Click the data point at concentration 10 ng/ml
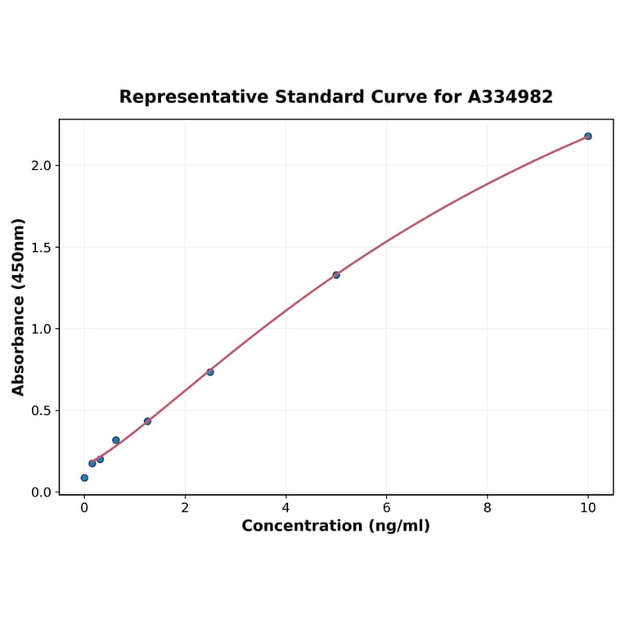(x=587, y=136)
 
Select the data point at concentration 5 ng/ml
(x=336, y=275)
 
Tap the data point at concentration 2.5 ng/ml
(x=210, y=372)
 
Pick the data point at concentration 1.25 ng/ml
(x=147, y=421)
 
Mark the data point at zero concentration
(x=84, y=478)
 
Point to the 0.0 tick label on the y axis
(x=41, y=492)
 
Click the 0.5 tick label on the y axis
(x=41, y=411)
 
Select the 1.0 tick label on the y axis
(x=41, y=329)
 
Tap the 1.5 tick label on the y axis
(x=41, y=247)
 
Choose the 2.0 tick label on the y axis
(x=41, y=166)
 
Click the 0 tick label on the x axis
(x=84, y=508)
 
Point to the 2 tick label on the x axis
(x=185, y=508)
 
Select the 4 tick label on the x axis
(x=286, y=508)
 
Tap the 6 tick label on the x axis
(x=386, y=508)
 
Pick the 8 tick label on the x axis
(x=488, y=508)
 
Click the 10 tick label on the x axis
(x=587, y=508)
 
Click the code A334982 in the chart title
(x=510, y=97)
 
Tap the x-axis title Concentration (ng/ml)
(x=335, y=526)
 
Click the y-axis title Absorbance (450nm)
(x=19, y=307)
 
